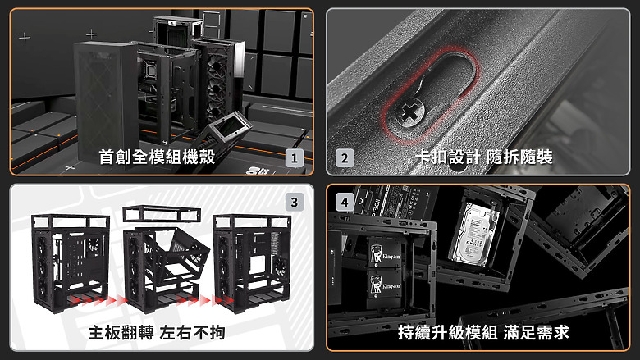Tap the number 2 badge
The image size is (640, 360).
tap(345, 157)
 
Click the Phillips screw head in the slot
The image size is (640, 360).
tap(407, 112)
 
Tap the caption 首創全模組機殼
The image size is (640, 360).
tap(156, 157)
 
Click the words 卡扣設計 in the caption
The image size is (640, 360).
tap(448, 157)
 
